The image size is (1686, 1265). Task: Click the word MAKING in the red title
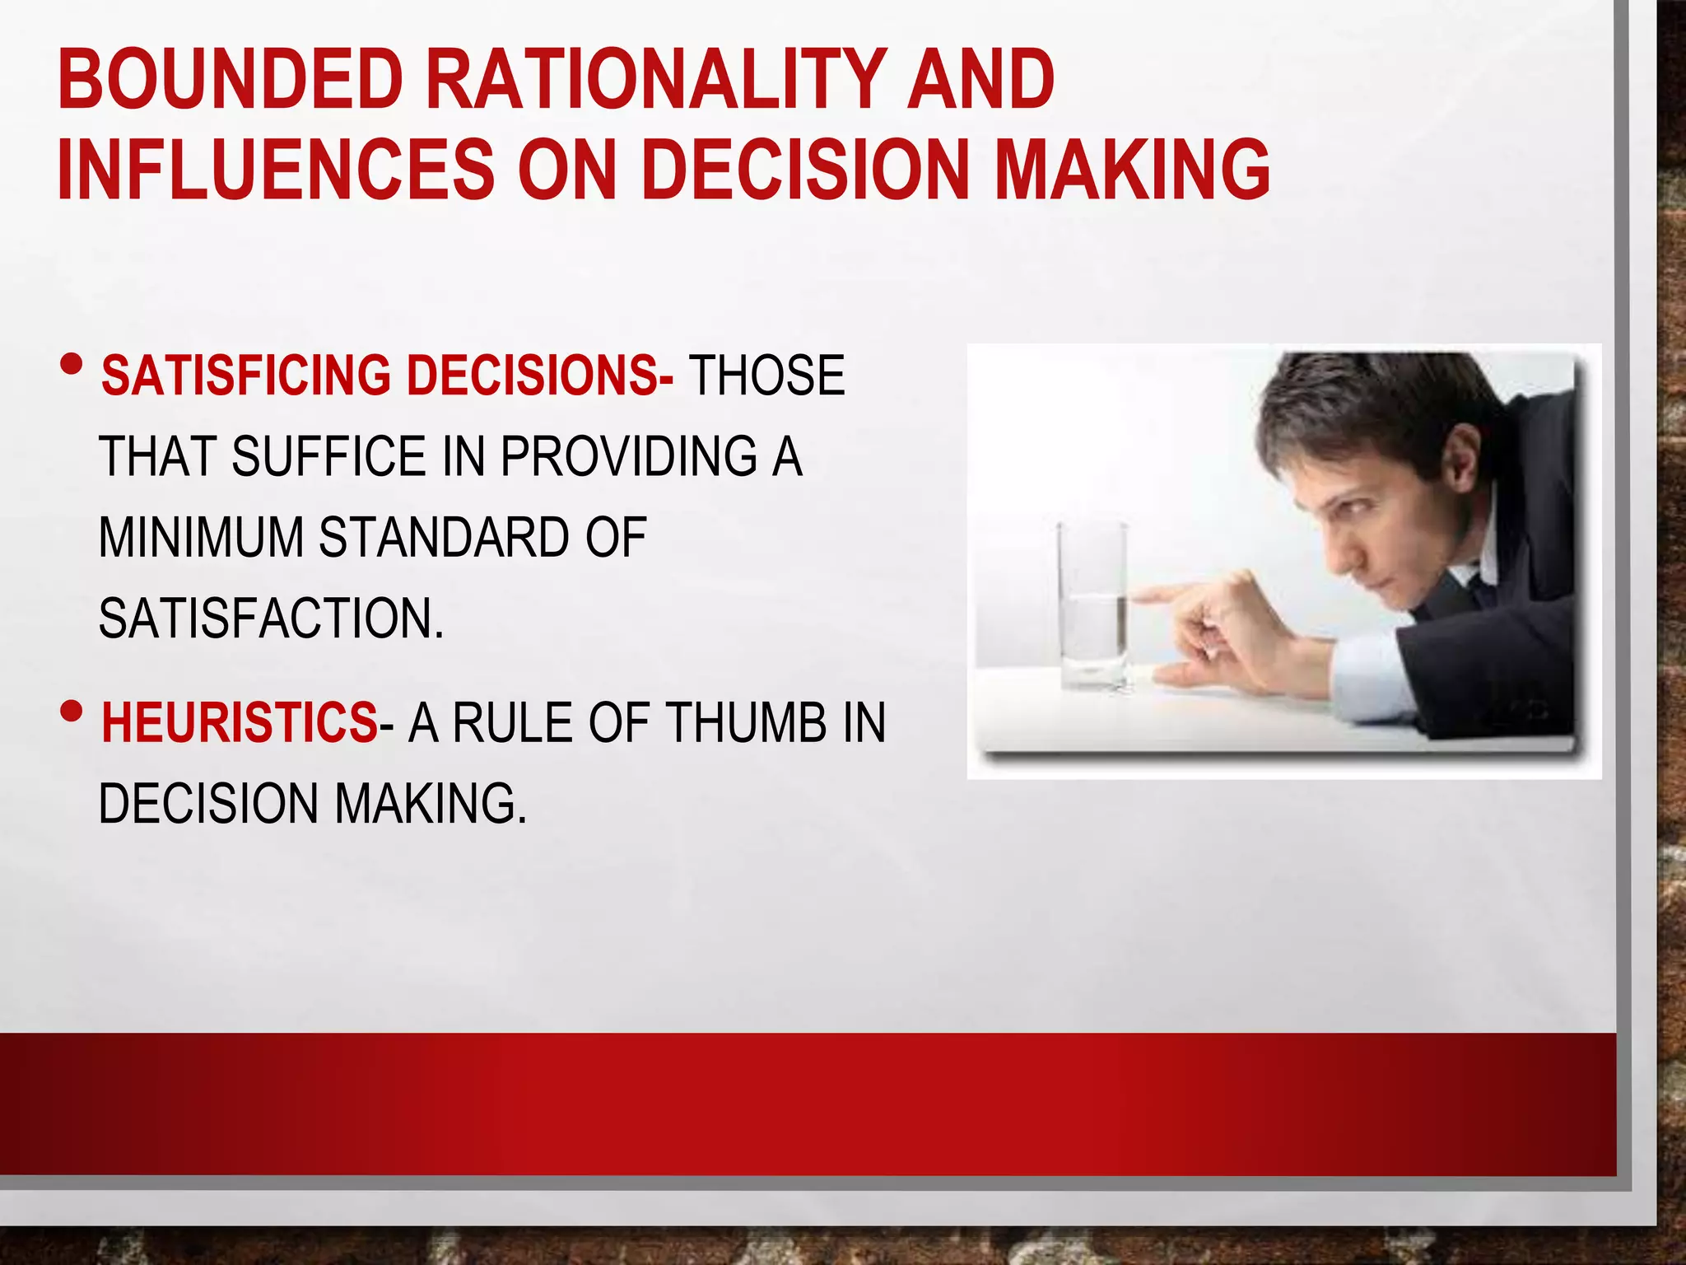coord(1132,169)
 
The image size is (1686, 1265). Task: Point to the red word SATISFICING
coord(245,376)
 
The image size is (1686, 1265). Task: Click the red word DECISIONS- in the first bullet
coord(540,376)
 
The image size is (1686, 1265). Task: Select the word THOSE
coord(766,376)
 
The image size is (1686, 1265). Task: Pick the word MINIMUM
coord(201,537)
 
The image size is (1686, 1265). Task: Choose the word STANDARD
coord(444,537)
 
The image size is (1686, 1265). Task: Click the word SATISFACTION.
coord(271,618)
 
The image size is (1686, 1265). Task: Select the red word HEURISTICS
coord(239,722)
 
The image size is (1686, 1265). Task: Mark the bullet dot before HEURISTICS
coord(72,710)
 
